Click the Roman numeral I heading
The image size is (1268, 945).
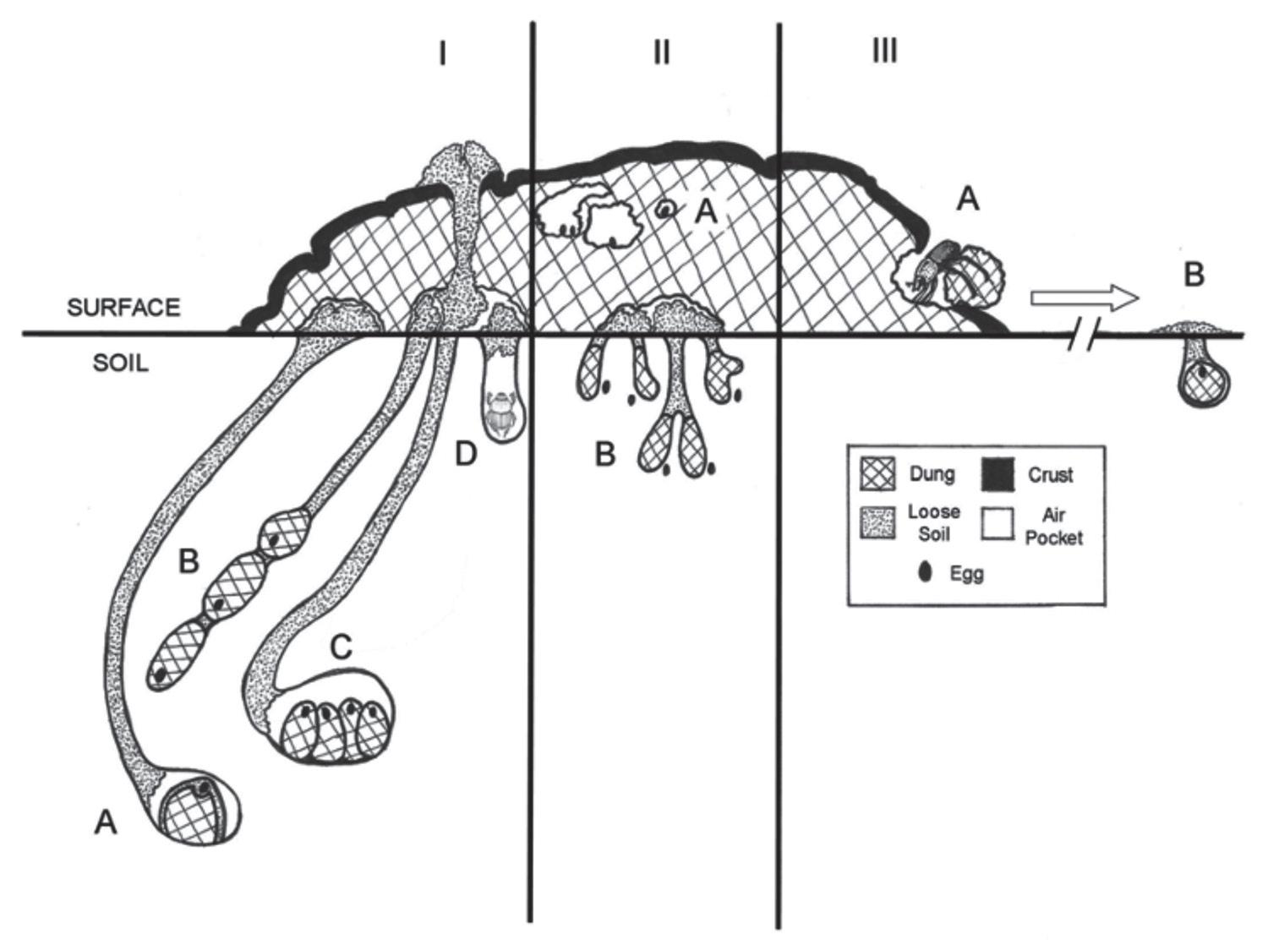(442, 55)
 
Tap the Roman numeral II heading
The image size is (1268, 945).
(661, 53)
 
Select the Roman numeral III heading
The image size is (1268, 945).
(884, 52)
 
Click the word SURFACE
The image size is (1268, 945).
(123, 308)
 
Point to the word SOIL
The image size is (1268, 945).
(120, 364)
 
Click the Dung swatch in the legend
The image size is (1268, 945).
(877, 474)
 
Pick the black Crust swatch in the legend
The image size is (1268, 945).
(997, 474)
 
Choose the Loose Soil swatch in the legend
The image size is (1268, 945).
(877, 523)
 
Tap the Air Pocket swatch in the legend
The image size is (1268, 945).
(997, 523)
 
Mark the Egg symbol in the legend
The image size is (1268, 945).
(926, 572)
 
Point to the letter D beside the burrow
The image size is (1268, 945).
(465, 454)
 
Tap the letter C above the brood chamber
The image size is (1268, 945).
(341, 647)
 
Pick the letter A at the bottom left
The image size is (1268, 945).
(105, 822)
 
